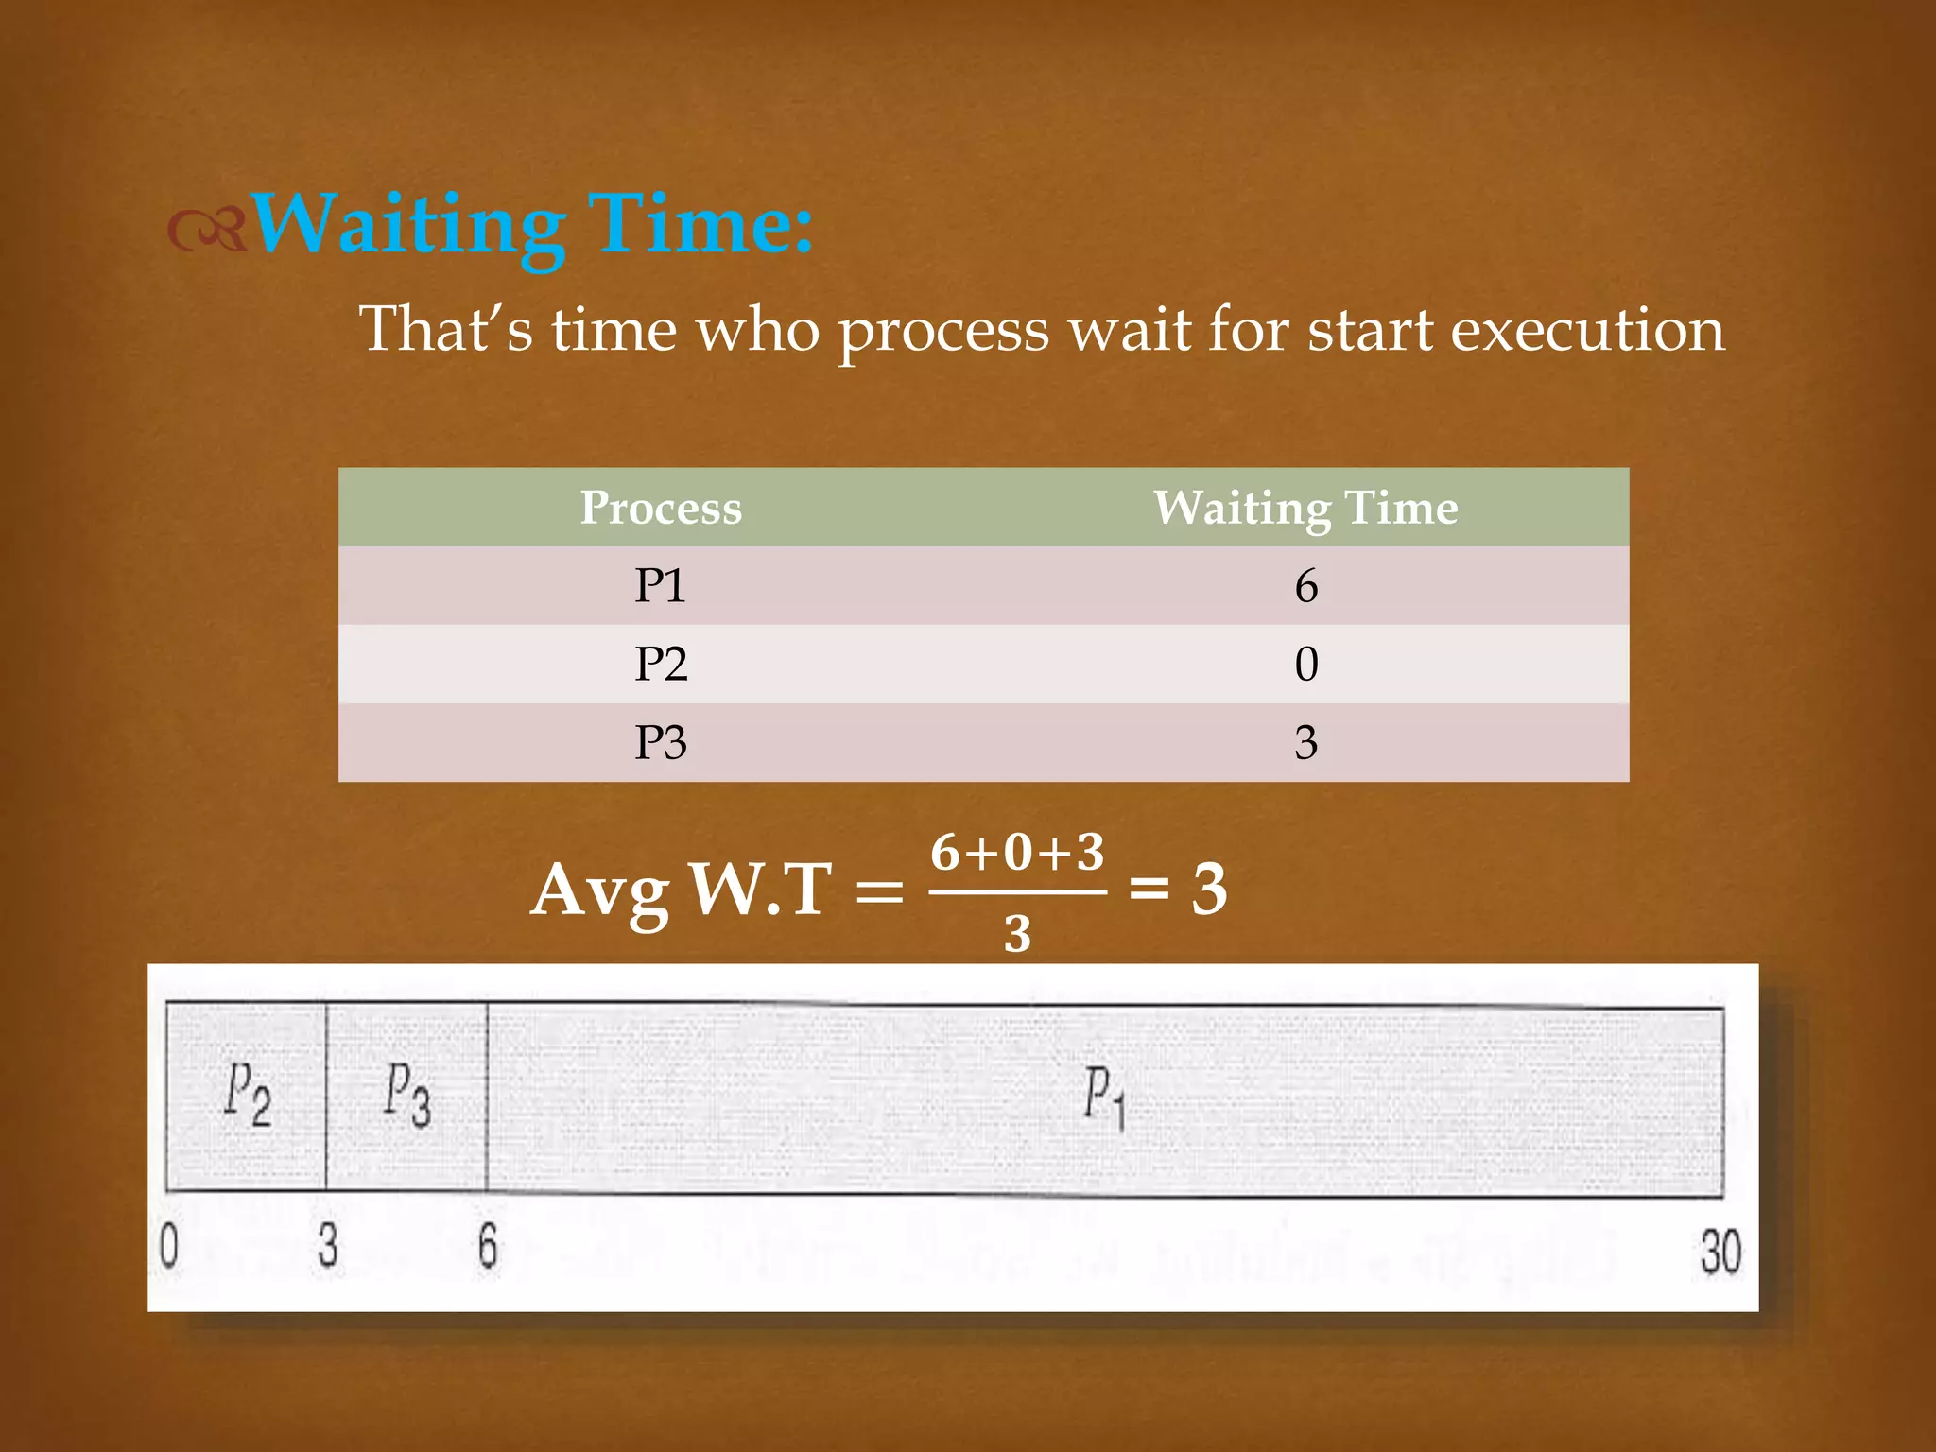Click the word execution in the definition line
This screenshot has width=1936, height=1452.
[x=1587, y=330]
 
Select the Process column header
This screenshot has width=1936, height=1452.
[x=661, y=508]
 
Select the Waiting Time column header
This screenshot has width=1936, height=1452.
[x=1305, y=508]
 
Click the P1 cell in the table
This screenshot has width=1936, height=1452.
[x=660, y=586]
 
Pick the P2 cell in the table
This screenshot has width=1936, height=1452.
[x=660, y=664]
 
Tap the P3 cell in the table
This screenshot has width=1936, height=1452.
[x=660, y=742]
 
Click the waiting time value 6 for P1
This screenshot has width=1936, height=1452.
[x=1305, y=586]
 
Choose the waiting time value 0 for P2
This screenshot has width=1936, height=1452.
[x=1305, y=664]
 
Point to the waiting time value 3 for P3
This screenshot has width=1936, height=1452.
[x=1305, y=742]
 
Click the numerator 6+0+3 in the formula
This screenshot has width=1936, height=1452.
[x=1017, y=853]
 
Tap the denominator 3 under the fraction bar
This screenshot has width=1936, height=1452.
[x=1017, y=934]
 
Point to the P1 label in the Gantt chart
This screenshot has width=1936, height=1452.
[x=1103, y=1097]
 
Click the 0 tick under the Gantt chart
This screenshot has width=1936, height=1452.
[x=168, y=1246]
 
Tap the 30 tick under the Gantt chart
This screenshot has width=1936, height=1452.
[x=1720, y=1252]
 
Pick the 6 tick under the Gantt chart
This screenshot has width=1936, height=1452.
[x=487, y=1246]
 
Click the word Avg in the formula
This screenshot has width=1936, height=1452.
[x=600, y=890]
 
